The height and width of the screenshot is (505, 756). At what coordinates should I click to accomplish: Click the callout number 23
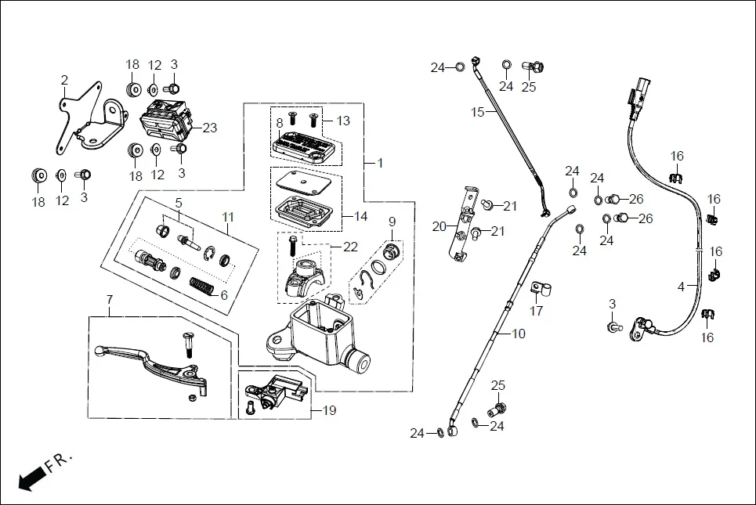click(x=209, y=128)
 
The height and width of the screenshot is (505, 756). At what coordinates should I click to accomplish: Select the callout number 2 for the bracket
click(x=64, y=80)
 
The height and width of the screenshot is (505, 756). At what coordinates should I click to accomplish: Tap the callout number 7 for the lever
click(x=110, y=299)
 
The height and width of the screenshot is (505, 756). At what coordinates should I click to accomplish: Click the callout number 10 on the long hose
click(x=518, y=334)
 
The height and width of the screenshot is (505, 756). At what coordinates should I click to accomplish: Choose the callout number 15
click(x=478, y=112)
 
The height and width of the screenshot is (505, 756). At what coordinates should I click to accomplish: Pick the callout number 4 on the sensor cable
click(x=681, y=286)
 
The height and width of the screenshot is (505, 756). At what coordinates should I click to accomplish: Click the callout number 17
click(x=536, y=311)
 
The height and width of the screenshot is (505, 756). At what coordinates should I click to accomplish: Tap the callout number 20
click(x=439, y=227)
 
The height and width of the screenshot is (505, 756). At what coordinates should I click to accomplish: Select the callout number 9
click(x=392, y=222)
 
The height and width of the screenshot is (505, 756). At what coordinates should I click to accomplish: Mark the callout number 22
click(x=350, y=247)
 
